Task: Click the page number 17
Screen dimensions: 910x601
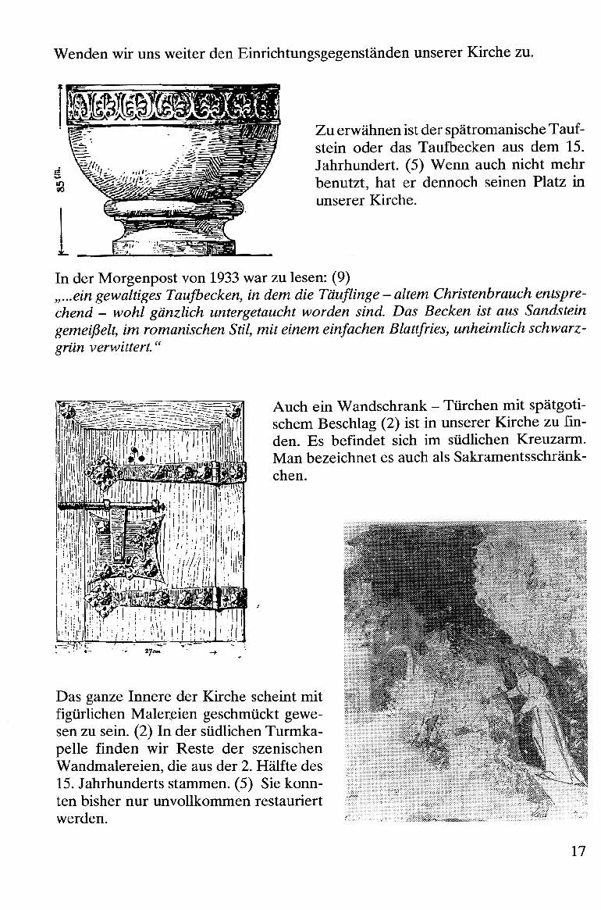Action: point(578,851)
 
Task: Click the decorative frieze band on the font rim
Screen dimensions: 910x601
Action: point(173,102)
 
